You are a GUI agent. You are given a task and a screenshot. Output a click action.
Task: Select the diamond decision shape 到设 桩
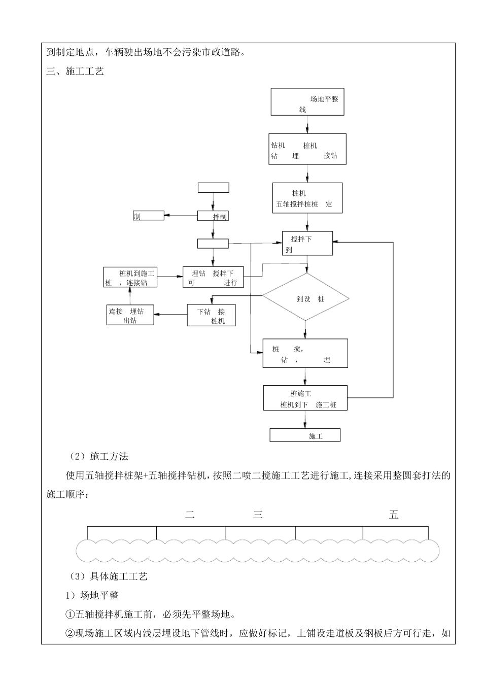pyautogui.click(x=305, y=297)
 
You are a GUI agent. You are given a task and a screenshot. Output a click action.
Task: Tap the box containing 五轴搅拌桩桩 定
pyautogui.click(x=307, y=198)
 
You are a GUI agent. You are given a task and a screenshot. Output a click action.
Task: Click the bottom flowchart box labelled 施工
pyautogui.click(x=305, y=435)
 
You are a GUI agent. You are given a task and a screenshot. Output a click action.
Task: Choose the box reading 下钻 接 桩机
pyautogui.click(x=212, y=315)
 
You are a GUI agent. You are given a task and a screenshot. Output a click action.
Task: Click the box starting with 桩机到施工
pyautogui.click(x=130, y=277)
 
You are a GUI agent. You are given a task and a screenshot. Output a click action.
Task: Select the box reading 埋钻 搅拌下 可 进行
pyautogui.click(x=213, y=277)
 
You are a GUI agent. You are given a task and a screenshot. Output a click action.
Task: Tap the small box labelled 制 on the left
pyautogui.click(x=149, y=216)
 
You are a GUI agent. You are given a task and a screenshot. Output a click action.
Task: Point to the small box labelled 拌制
pyautogui.click(x=213, y=216)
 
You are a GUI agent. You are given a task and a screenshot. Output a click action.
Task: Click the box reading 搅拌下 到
pyautogui.click(x=307, y=244)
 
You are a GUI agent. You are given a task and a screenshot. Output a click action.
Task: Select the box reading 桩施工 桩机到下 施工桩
pyautogui.click(x=305, y=398)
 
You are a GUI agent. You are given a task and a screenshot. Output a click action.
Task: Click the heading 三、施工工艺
pyautogui.click(x=75, y=71)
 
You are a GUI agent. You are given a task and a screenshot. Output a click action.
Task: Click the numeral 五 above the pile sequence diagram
pyautogui.click(x=394, y=515)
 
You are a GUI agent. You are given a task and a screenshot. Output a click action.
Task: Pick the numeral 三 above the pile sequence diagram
pyautogui.click(x=258, y=515)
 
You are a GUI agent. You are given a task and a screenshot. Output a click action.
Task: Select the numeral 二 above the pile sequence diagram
pyautogui.click(x=190, y=515)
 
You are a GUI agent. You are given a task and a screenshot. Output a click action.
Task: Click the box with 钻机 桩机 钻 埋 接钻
pyautogui.click(x=307, y=149)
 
